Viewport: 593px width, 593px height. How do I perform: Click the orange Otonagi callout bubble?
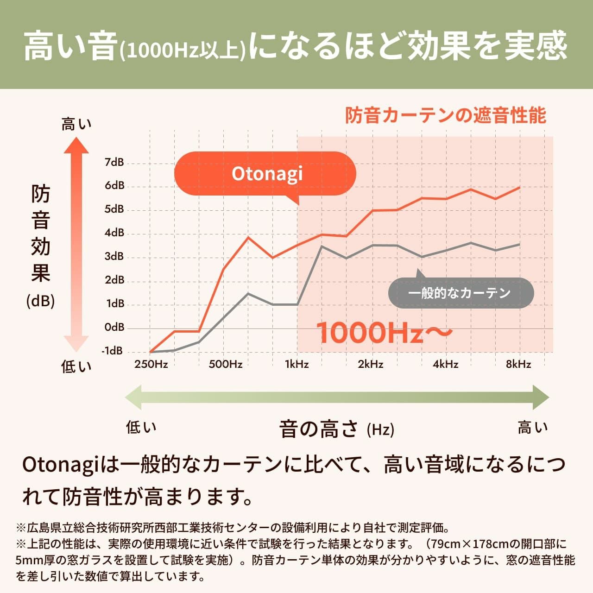tap(265, 174)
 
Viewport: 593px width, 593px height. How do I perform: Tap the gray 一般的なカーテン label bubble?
tap(461, 293)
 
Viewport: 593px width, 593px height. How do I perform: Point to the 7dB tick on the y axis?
tap(114, 162)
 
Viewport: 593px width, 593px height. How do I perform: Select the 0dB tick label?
tap(114, 327)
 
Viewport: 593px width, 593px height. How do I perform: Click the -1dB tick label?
tap(113, 351)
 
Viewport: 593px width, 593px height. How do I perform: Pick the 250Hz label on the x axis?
tap(151, 364)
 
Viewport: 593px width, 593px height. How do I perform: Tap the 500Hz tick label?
tap(225, 364)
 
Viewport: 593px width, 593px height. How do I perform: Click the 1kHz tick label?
tap(296, 364)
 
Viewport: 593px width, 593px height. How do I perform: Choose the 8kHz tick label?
tap(518, 364)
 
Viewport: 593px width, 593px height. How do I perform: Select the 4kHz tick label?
tap(445, 364)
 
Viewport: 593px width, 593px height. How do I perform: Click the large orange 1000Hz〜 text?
tap(384, 333)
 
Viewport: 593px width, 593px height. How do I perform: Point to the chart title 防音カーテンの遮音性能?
tap(446, 115)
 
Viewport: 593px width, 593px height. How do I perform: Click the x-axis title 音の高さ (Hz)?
tap(336, 429)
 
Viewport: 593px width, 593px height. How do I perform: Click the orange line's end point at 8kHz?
tap(519, 187)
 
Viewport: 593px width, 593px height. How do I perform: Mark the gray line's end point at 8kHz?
tap(519, 244)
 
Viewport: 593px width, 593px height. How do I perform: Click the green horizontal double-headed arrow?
tap(337, 397)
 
